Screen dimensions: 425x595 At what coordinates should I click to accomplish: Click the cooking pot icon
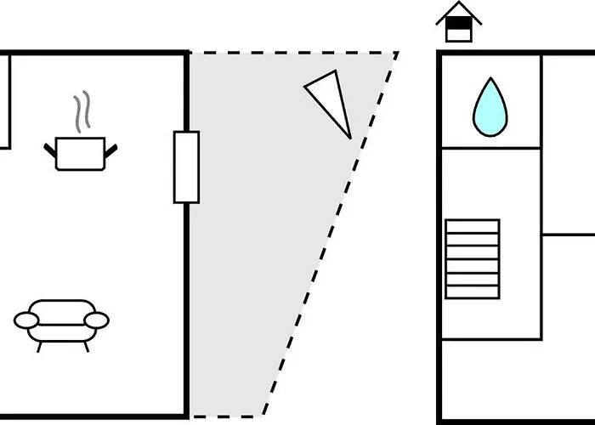click(x=80, y=153)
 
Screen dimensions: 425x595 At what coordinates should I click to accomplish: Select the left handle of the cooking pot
click(x=50, y=151)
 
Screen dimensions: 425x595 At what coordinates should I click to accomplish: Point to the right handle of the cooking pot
click(x=110, y=151)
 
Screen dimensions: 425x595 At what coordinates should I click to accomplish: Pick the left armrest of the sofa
click(x=26, y=320)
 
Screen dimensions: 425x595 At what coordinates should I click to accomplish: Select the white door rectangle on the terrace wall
click(x=186, y=167)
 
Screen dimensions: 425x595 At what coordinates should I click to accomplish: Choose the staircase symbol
click(x=472, y=259)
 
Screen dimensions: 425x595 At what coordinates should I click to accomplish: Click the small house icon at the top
click(x=458, y=22)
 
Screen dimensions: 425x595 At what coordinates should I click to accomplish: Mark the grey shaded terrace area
click(x=263, y=255)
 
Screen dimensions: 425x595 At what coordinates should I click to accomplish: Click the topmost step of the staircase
click(x=472, y=226)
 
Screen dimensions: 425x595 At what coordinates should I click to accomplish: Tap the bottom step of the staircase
click(x=472, y=292)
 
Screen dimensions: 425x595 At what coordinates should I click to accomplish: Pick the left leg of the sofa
click(x=38, y=344)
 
